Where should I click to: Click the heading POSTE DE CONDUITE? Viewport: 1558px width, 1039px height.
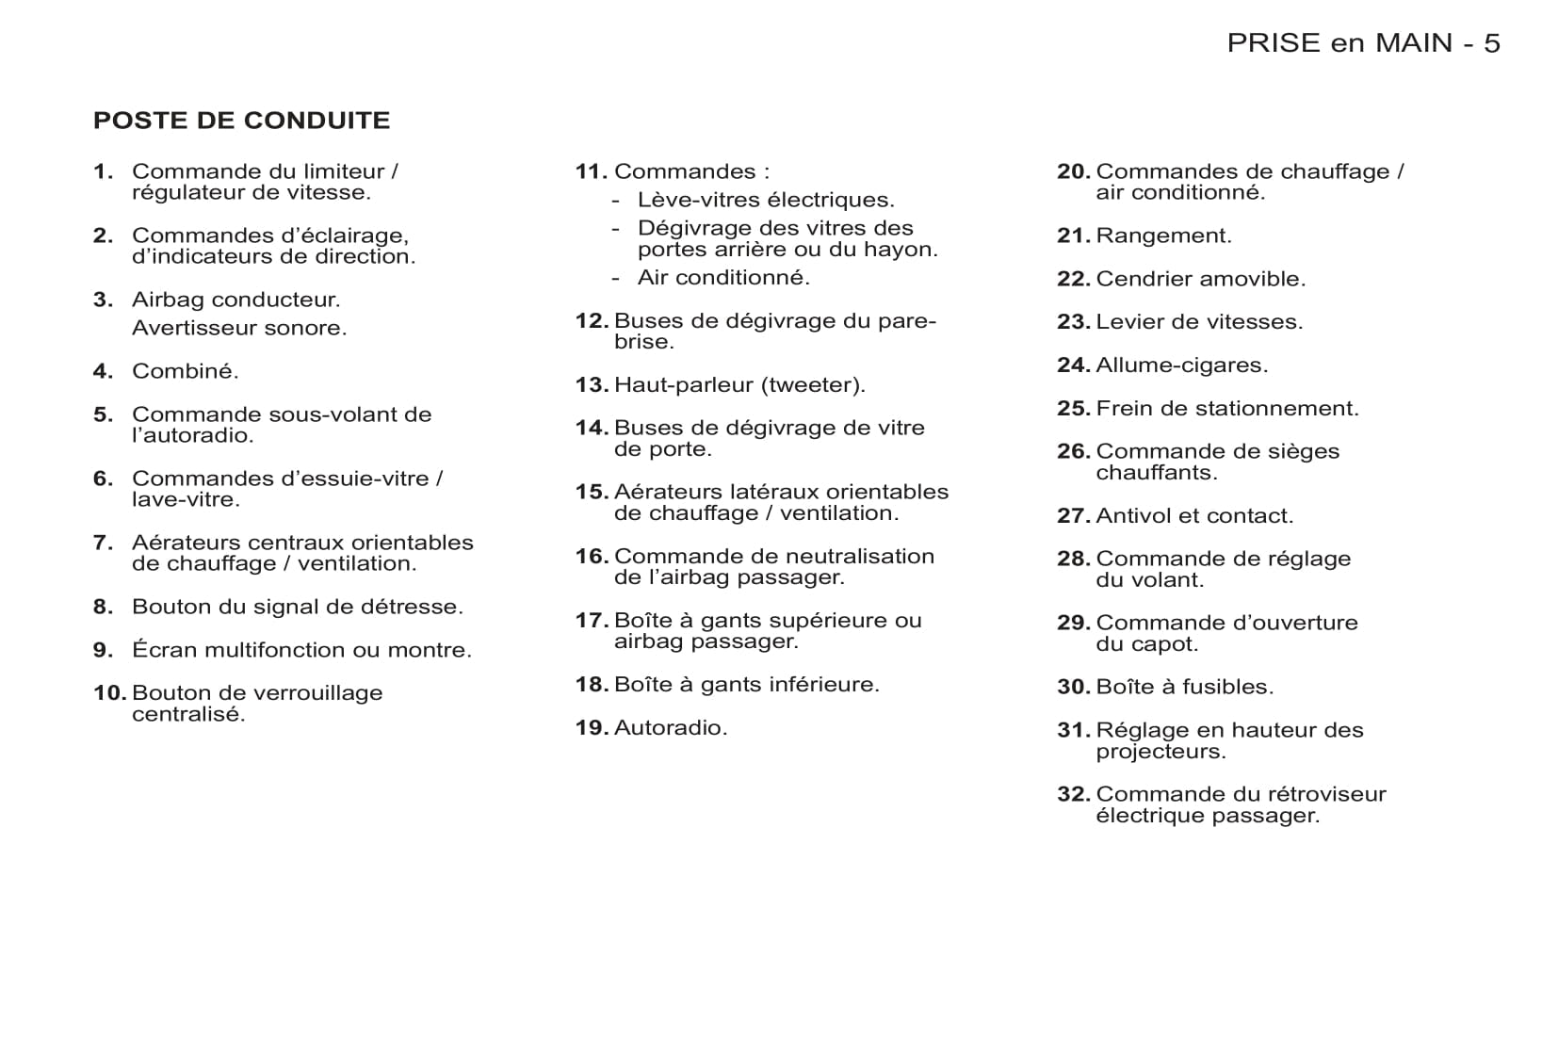[x=241, y=121]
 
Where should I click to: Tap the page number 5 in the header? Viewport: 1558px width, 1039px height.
[x=1491, y=43]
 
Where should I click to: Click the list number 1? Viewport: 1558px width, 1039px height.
[x=103, y=171]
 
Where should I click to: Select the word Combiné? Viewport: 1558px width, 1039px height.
[x=185, y=371]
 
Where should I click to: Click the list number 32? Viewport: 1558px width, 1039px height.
[x=1073, y=794]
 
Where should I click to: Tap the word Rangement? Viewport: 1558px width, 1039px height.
[x=1163, y=235]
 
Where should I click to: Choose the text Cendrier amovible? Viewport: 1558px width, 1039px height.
[x=1200, y=279]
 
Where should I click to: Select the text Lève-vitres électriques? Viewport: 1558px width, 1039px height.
[x=766, y=200]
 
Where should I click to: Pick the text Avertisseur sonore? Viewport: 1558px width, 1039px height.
[x=239, y=328]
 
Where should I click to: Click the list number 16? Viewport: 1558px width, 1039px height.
[x=592, y=557]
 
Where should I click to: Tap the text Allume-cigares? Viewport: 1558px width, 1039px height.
[x=1181, y=365]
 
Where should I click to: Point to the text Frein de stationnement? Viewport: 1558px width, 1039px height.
[x=1227, y=409]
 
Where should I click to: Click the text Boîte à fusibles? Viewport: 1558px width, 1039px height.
[x=1184, y=688]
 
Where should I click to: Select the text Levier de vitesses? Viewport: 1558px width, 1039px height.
[x=1199, y=322]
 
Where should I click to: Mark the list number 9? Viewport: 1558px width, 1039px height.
[x=103, y=650]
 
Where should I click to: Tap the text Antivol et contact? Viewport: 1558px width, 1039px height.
[x=1194, y=516]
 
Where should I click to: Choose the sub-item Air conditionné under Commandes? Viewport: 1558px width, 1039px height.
[x=723, y=278]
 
